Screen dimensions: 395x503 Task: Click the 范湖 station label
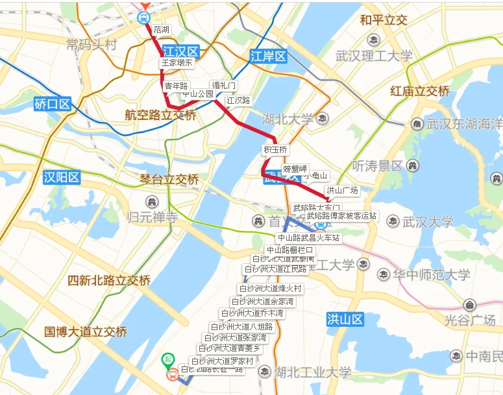162,30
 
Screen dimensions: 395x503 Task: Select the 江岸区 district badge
268,56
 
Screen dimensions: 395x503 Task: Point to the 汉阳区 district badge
62,177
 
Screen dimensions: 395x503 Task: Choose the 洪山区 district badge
344,319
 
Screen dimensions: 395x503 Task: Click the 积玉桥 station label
275,150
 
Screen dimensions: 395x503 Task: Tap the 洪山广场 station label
342,191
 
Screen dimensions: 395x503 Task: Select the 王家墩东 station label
177,63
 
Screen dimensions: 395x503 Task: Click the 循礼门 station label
224,86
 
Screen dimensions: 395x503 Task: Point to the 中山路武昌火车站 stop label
308,238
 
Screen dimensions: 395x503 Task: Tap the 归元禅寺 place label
153,217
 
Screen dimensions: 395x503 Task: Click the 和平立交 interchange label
384,21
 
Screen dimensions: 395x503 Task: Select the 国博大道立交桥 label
86,331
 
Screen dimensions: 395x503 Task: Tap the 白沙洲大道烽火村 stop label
271,289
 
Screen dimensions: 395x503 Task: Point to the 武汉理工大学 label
374,56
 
